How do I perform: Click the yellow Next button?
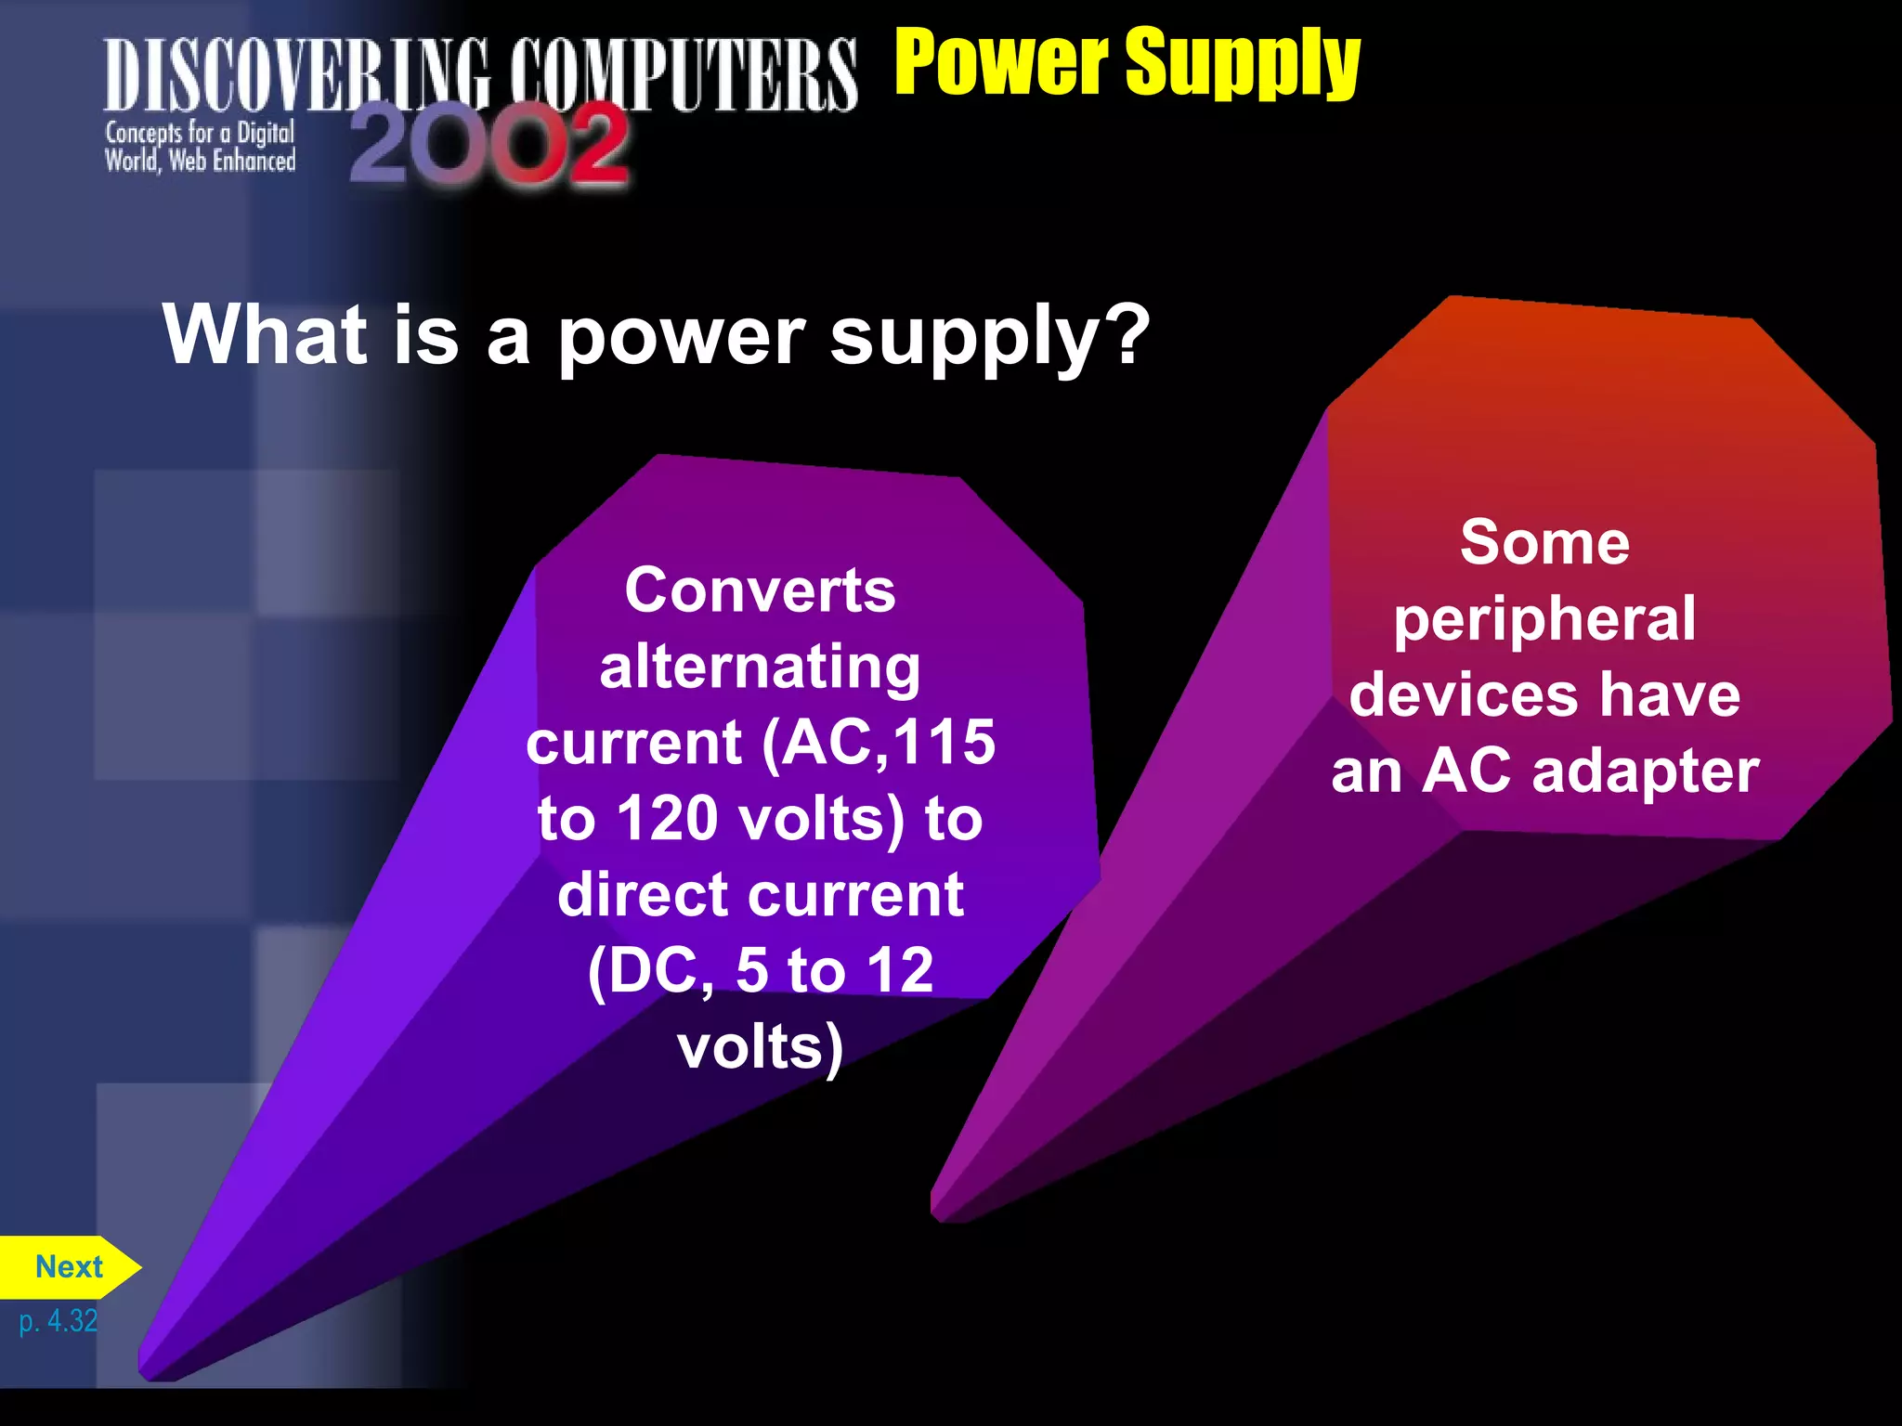pos(69,1267)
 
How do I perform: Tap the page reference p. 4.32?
pos(58,1320)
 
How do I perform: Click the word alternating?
pos(760,667)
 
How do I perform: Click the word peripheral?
pos(1544,618)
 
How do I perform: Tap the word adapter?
pos(1645,771)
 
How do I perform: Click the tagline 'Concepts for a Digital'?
pos(200,133)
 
